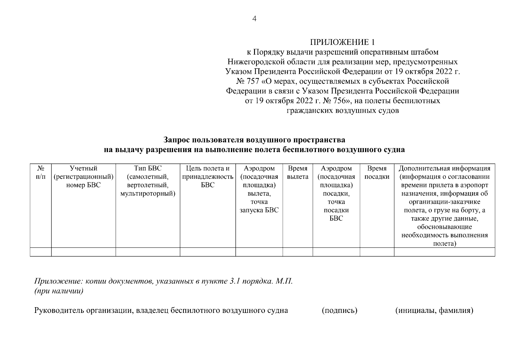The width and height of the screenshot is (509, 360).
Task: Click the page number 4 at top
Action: pos(254,19)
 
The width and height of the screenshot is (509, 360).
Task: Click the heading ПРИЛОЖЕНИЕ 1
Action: pos(342,42)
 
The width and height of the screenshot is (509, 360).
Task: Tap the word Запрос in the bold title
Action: pos(176,140)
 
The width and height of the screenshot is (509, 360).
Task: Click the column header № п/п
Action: pos(41,172)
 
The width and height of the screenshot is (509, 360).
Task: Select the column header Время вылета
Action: pos(298,172)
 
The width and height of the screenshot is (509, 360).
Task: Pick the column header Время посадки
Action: pos(377,172)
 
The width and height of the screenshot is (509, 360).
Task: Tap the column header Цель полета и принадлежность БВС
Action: pos(208,177)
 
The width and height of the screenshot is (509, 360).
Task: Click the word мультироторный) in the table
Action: pos(148,193)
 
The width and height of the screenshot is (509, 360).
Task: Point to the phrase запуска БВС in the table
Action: pos(259,210)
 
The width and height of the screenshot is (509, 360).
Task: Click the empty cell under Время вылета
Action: pos(298,252)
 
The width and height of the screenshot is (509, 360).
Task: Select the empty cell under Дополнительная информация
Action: pos(444,252)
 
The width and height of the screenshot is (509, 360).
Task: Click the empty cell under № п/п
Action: pos(41,252)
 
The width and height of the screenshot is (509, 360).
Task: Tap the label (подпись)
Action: pos(340,310)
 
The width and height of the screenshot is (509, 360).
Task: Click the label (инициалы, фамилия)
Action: pos(434,310)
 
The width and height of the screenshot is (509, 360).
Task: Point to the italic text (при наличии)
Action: pos(59,291)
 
